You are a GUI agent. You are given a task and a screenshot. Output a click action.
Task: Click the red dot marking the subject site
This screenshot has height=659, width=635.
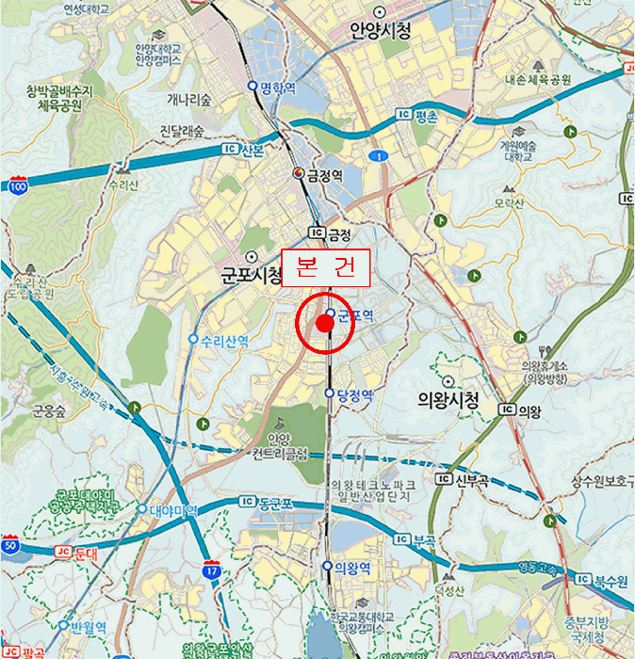click(x=325, y=324)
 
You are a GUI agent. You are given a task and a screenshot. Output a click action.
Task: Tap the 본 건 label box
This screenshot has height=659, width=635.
click(x=326, y=268)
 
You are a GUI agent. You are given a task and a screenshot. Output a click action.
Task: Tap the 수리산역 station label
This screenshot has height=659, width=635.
click(x=224, y=341)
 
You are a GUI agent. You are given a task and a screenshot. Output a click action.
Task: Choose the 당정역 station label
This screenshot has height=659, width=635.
click(x=355, y=394)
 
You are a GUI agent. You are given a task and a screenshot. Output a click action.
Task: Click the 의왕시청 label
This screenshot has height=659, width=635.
click(x=448, y=400)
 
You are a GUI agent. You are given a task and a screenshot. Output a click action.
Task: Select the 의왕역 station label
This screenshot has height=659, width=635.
click(x=354, y=568)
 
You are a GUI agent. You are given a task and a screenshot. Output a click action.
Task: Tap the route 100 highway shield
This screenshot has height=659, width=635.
click(x=18, y=186)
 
